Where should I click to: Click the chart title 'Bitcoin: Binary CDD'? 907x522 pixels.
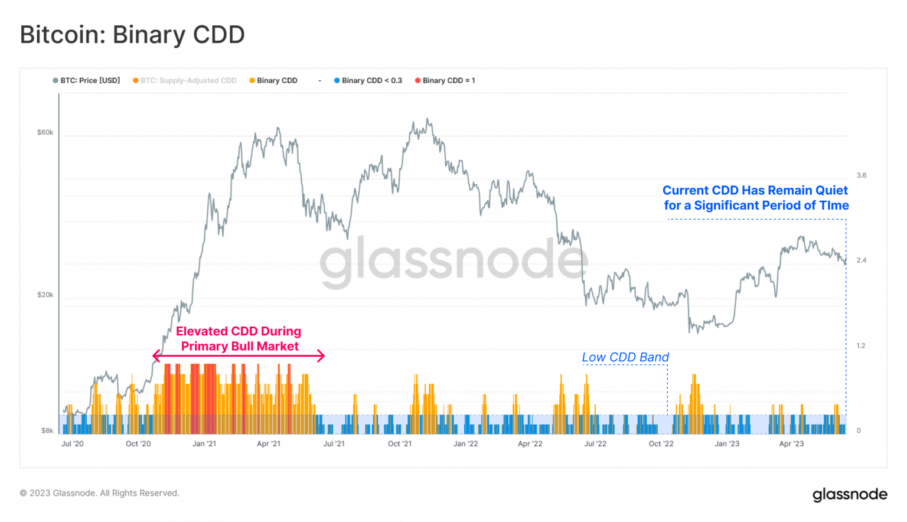tap(132, 35)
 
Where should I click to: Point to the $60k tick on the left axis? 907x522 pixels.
tap(45, 132)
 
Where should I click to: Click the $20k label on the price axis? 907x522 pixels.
tap(45, 295)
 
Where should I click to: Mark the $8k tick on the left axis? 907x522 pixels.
tap(47, 430)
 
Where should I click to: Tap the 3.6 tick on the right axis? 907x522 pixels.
tap(862, 175)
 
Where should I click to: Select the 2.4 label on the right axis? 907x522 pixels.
tap(862, 260)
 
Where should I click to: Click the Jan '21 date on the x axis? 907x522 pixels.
tap(204, 443)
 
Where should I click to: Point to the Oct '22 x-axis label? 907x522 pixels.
tap(661, 443)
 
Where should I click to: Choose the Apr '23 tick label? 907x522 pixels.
tap(791, 443)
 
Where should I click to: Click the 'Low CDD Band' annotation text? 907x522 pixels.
tap(625, 357)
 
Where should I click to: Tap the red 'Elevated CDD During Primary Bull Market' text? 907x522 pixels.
tap(239, 338)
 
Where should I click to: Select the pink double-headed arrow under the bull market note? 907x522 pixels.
tap(239, 355)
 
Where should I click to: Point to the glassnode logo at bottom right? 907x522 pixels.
tap(850, 494)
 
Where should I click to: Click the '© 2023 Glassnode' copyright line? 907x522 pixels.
tap(99, 493)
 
